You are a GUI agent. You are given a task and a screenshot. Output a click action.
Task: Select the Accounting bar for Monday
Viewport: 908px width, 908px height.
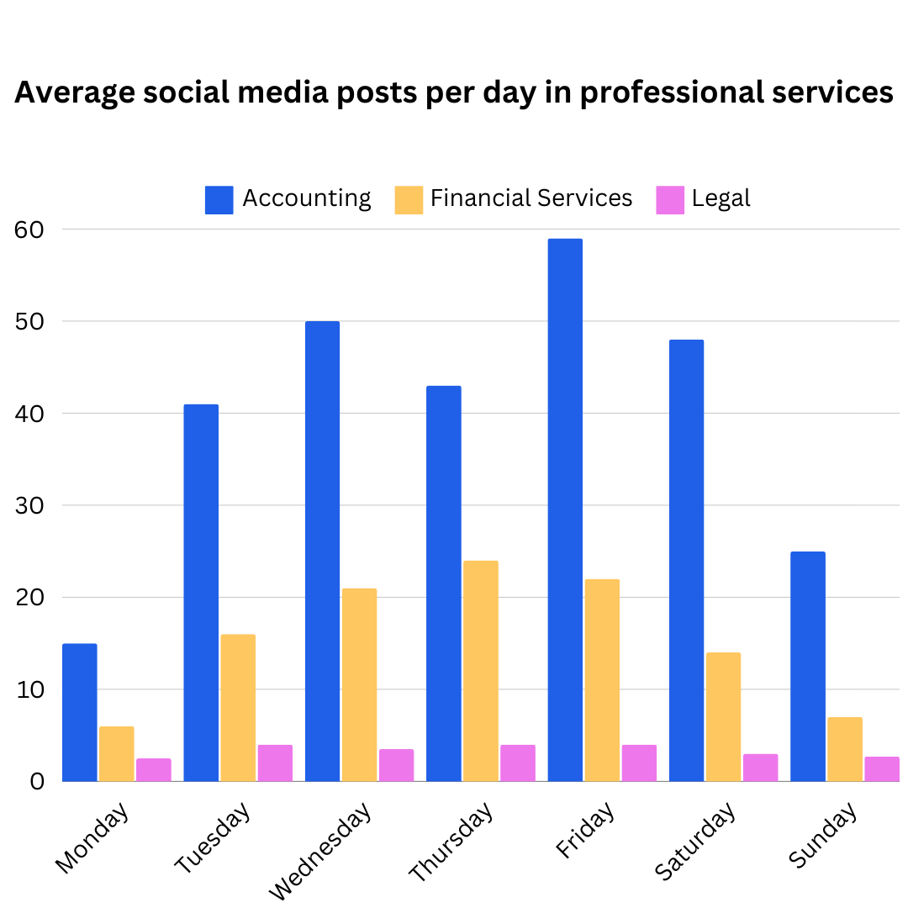coord(79,713)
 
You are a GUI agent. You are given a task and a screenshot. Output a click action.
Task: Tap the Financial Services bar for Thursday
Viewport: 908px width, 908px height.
coord(480,671)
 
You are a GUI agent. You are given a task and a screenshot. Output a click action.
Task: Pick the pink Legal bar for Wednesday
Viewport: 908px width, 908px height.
coord(396,766)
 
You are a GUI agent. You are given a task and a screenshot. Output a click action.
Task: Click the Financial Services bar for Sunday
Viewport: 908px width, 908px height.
coord(845,749)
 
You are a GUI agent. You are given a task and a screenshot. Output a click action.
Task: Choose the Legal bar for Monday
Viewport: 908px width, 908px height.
coord(153,770)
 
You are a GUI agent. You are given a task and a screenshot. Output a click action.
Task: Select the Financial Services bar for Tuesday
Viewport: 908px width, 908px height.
coord(238,708)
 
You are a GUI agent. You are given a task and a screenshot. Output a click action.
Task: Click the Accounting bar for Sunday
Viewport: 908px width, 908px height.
coord(808,667)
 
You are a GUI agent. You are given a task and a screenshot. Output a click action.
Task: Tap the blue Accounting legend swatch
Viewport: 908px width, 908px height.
coord(219,200)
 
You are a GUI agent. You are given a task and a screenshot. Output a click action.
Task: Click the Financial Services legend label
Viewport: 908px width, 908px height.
coord(531,198)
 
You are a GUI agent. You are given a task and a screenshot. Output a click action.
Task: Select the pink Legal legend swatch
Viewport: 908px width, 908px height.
coord(670,200)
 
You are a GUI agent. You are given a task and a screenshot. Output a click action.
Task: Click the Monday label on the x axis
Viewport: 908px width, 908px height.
coord(92,838)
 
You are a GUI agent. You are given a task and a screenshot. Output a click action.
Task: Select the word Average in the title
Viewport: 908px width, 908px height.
coord(74,92)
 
